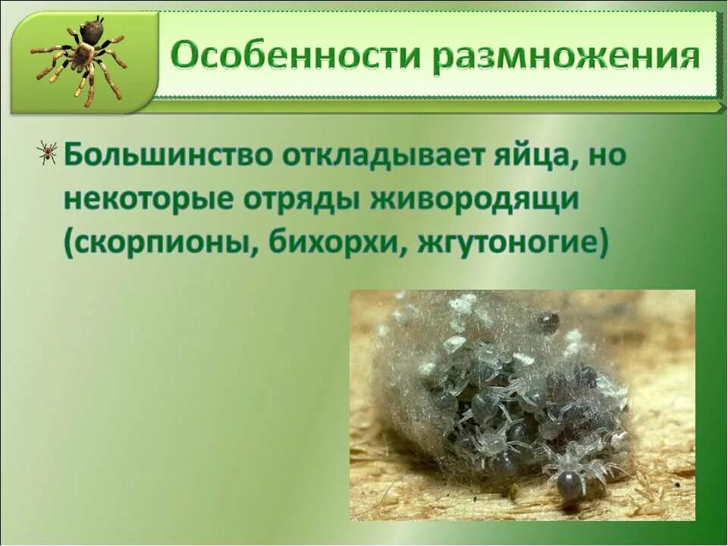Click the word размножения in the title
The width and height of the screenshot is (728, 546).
[x=566, y=59]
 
